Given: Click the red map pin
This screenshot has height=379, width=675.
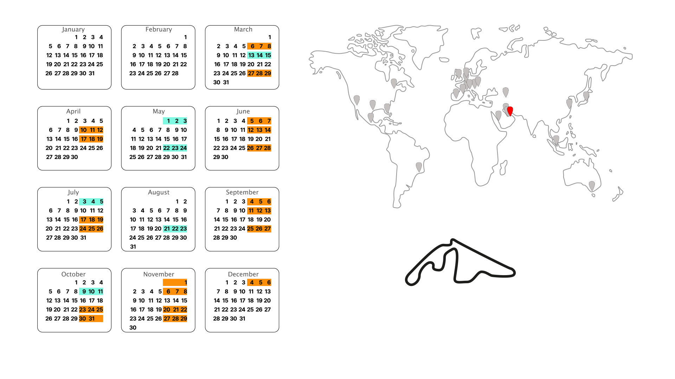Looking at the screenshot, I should [x=510, y=111].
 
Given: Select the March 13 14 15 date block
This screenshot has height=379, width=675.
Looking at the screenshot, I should [x=259, y=55].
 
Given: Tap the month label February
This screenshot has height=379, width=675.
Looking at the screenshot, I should [x=159, y=29].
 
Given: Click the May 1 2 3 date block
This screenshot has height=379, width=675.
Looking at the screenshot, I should [x=175, y=121].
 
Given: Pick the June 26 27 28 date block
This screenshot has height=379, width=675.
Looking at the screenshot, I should [x=259, y=148].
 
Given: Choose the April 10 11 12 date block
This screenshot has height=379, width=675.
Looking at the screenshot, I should [x=91, y=130].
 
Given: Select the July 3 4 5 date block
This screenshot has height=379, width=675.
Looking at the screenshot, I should [x=91, y=202].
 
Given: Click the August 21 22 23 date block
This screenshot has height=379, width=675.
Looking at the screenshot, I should [x=175, y=229].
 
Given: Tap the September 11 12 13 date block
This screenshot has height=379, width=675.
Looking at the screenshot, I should [x=259, y=211].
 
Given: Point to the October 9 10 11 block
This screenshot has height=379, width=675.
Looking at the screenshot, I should [x=91, y=292].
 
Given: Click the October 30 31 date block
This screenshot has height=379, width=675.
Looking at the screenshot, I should [x=91, y=319].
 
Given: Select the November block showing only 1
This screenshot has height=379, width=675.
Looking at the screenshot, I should [x=175, y=282].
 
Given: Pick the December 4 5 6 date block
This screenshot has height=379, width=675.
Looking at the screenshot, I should [x=259, y=282].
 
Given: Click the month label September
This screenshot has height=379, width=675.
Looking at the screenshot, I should [x=242, y=192].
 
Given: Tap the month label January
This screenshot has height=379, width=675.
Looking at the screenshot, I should [x=73, y=29].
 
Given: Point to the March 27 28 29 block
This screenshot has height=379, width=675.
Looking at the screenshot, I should [x=259, y=73].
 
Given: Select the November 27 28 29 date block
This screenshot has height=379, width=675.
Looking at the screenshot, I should [x=175, y=319].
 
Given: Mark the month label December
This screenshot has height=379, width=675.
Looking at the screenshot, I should [x=243, y=274].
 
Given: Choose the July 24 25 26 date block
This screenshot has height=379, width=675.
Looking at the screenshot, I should [x=91, y=229].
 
